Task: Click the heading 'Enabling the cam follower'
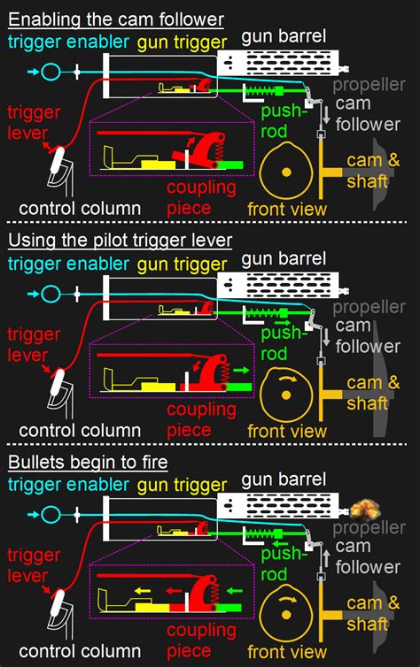point(116,19)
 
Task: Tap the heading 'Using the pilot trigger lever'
point(120,241)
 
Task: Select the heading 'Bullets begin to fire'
point(88,463)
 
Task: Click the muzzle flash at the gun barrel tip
point(365,510)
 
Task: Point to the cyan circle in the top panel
point(51,72)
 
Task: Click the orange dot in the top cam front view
point(286,172)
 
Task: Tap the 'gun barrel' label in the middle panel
point(284,259)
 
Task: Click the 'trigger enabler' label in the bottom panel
point(68,485)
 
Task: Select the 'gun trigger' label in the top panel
point(182,42)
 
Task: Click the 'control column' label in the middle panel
point(80,431)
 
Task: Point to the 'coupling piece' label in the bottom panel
point(201,640)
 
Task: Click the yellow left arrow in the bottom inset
point(143,591)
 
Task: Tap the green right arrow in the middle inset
point(241,370)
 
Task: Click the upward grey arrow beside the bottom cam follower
point(326,558)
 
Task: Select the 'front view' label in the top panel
point(287,210)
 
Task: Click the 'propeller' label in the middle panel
point(369,307)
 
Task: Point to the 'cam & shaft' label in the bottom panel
point(373,613)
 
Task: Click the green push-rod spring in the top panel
point(261,91)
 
